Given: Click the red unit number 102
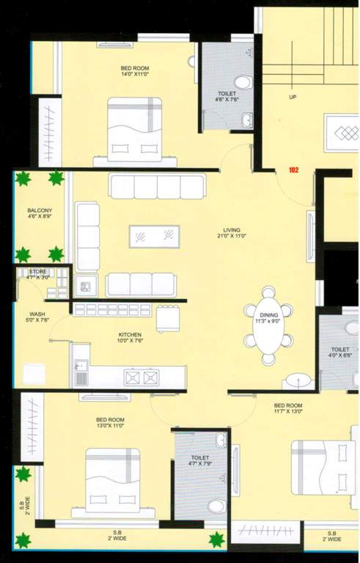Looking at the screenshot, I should point(294,170).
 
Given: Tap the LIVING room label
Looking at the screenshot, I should point(232,230).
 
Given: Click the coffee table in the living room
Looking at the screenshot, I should point(154,237).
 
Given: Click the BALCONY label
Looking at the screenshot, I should point(40,210).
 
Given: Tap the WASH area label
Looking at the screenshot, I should point(37,314).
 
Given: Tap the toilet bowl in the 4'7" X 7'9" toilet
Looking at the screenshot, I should point(216,506).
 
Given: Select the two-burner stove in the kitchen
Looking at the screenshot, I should point(142,377).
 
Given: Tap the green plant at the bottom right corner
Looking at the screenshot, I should point(216,540).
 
